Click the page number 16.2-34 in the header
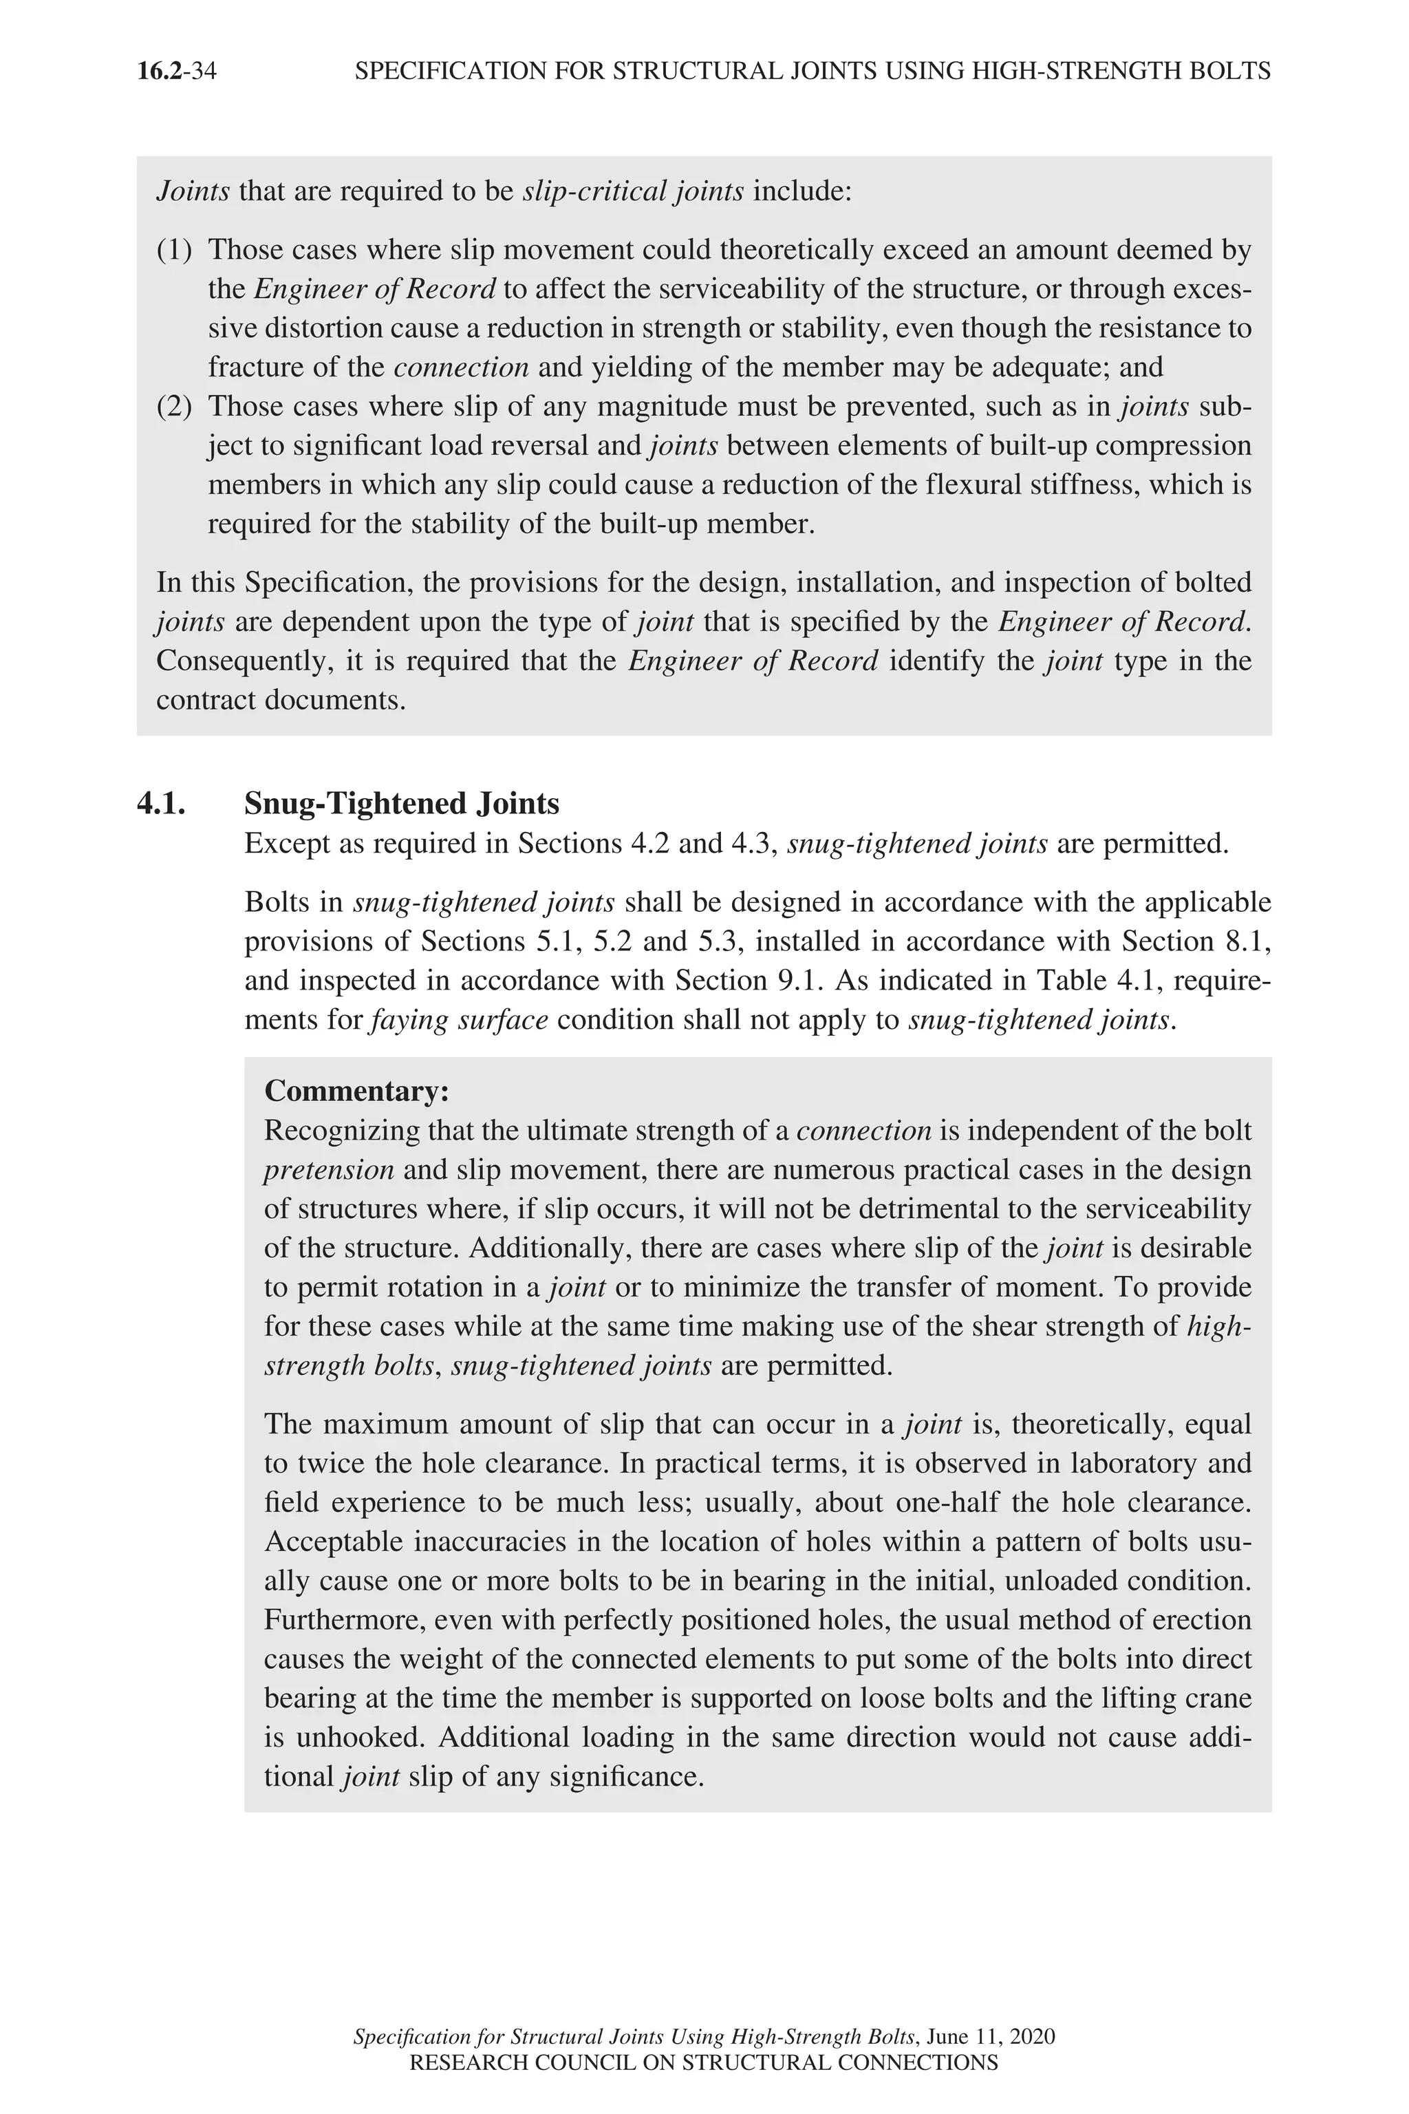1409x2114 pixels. pos(176,71)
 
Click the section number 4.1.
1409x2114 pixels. pos(161,802)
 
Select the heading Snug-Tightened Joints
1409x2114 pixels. pos(402,802)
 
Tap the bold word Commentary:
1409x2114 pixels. pos(356,1091)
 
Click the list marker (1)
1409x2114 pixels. pos(174,250)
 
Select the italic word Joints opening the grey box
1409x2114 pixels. pos(193,191)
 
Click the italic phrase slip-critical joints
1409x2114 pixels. pos(633,191)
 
